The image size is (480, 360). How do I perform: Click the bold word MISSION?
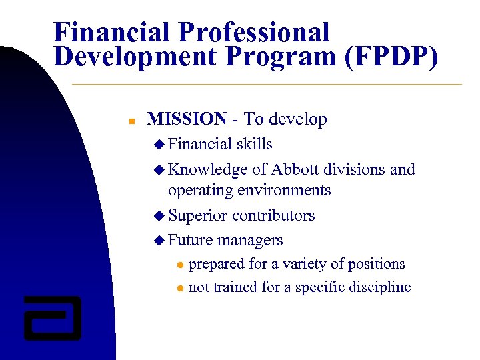(x=187, y=119)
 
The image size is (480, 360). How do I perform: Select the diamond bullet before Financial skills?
(x=158, y=145)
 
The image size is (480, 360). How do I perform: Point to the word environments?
(x=287, y=191)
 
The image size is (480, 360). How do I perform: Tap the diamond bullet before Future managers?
(x=158, y=241)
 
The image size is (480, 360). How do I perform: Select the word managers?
(x=250, y=240)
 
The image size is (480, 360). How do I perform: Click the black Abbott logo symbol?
(x=52, y=317)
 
